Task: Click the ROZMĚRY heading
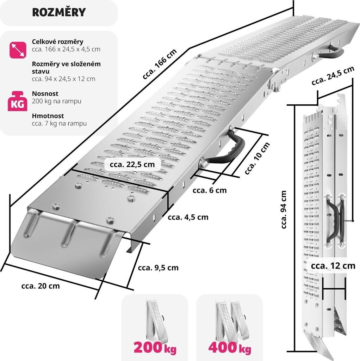click(x=59, y=12)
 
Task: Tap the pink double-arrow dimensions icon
click(x=18, y=50)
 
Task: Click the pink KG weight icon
click(x=18, y=101)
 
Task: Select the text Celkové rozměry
click(x=57, y=42)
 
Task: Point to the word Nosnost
click(x=45, y=93)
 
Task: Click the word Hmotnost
click(x=48, y=116)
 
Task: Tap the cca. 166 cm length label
click(x=160, y=64)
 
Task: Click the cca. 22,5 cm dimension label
click(x=132, y=164)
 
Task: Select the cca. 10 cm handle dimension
click(x=257, y=158)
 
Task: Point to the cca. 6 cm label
click(x=210, y=190)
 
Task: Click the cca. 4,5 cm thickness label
click(x=188, y=217)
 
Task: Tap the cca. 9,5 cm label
click(x=158, y=268)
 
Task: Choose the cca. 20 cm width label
click(x=41, y=286)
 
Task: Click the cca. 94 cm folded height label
click(x=284, y=209)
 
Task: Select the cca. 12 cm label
click(x=333, y=266)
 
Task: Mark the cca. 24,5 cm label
click(x=333, y=76)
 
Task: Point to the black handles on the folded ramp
click(x=336, y=220)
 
